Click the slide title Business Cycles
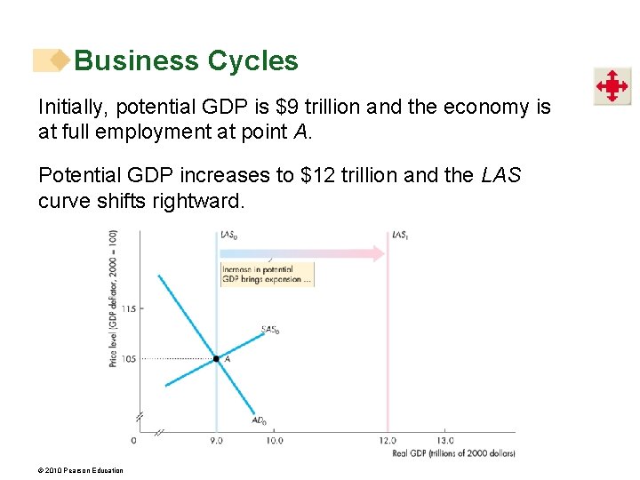coord(186,60)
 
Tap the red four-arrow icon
coord(612,86)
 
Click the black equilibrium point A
coord(216,359)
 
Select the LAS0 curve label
coord(228,236)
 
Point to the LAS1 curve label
coord(401,236)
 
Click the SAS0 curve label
coord(270,330)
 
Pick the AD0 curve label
coord(259,420)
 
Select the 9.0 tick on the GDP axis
coord(216,440)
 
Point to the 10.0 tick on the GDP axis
coord(275,440)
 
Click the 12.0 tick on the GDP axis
coord(388,440)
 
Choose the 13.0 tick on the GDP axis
coord(444,440)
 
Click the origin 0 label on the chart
coord(134,440)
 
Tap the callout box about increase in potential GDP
coord(267,274)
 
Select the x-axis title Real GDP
coord(453,453)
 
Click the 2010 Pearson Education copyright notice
coord(81,470)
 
